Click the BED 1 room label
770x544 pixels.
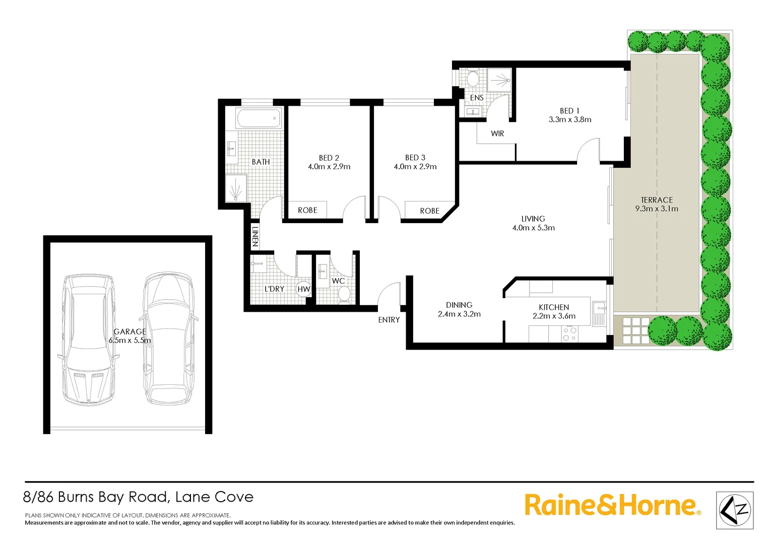tap(569, 111)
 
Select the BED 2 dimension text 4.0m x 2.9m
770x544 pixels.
tap(329, 167)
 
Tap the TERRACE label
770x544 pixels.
tap(657, 200)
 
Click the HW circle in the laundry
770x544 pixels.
tap(304, 289)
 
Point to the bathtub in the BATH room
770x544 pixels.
tap(259, 119)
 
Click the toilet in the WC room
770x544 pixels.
tap(344, 294)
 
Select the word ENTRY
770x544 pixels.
tap(389, 320)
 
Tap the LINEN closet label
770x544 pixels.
tap(255, 236)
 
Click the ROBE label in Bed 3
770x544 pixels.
tap(429, 211)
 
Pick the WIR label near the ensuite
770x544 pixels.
tap(497, 133)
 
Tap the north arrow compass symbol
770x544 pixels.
tap(735, 510)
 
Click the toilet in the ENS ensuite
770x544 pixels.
tap(473, 79)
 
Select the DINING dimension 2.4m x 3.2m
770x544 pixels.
tap(459, 314)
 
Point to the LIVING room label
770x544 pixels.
tap(533, 219)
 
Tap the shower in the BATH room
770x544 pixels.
tap(236, 188)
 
